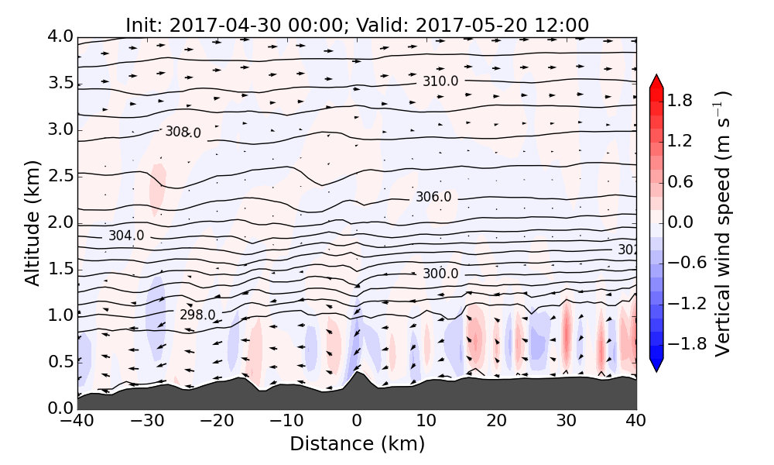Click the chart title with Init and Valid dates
357,25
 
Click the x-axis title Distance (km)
357,444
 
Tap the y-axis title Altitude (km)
32,223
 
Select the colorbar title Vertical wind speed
722,223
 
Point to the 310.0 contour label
440,81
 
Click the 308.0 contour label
183,133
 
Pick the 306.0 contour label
433,197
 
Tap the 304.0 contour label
126,236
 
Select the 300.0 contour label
440,274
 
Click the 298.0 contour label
197,315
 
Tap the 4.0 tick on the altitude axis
60,36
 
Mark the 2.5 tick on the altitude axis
60,176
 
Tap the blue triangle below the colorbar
656,366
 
